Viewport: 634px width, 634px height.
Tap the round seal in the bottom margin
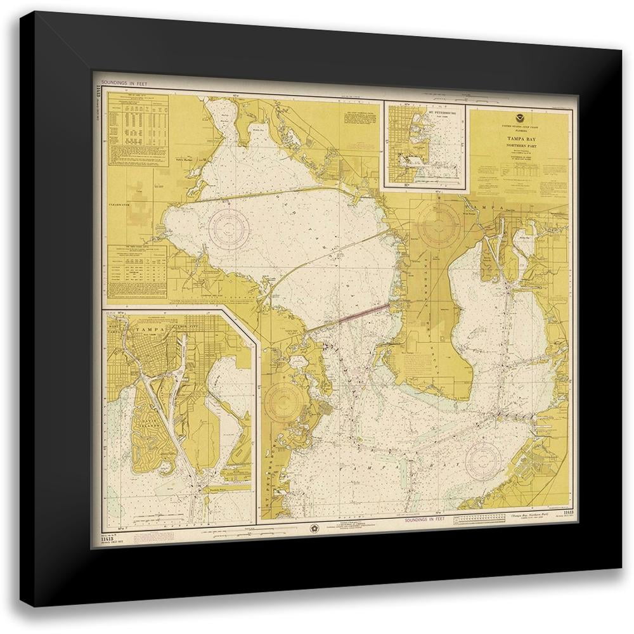click(316, 527)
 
